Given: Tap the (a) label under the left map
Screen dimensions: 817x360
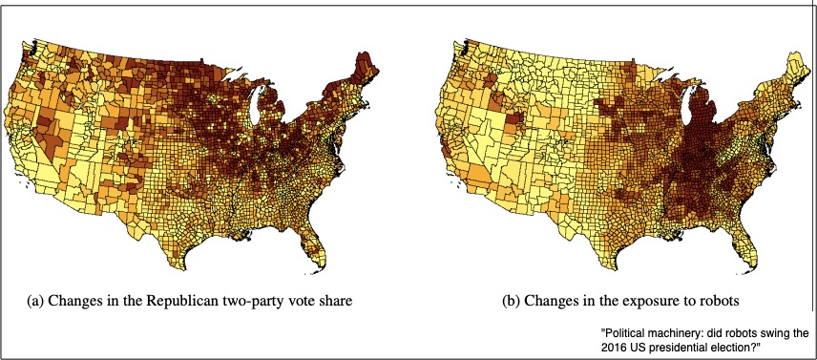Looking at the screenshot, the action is click(x=35, y=301).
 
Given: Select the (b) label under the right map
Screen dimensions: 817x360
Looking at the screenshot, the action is click(x=512, y=301).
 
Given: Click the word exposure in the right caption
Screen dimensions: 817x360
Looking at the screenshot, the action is click(x=636, y=302).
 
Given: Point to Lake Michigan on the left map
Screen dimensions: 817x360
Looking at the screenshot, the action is click(x=256, y=108).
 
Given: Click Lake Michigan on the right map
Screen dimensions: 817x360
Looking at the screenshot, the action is click(x=685, y=108).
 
